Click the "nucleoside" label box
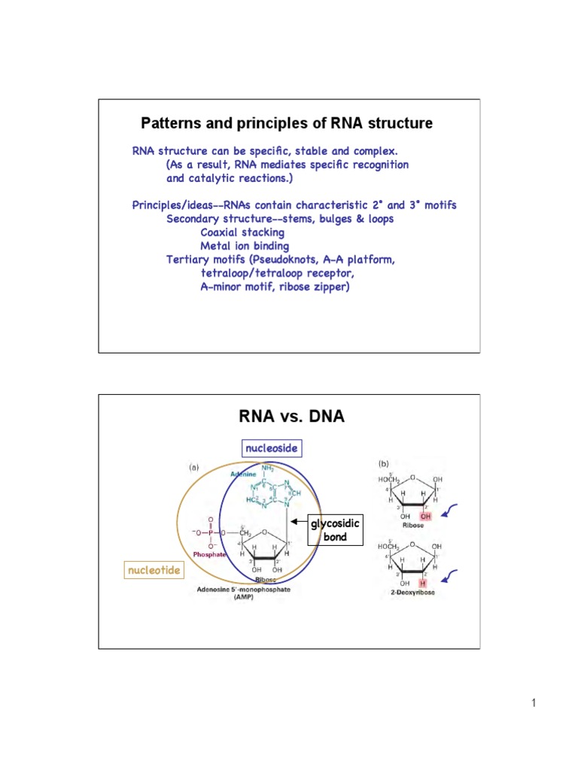(x=272, y=448)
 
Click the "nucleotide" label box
(x=154, y=571)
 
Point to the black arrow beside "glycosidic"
(x=300, y=520)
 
